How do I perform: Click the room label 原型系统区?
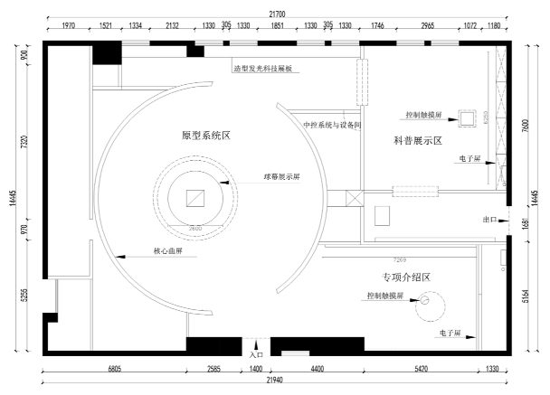[x=206, y=136]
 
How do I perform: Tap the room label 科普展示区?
[x=417, y=141]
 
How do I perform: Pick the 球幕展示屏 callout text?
[x=281, y=177]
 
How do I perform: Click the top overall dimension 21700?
[x=277, y=14]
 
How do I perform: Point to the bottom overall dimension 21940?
[x=275, y=381]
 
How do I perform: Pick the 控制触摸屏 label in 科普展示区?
[x=423, y=116]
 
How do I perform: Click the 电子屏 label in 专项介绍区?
[x=450, y=334]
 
